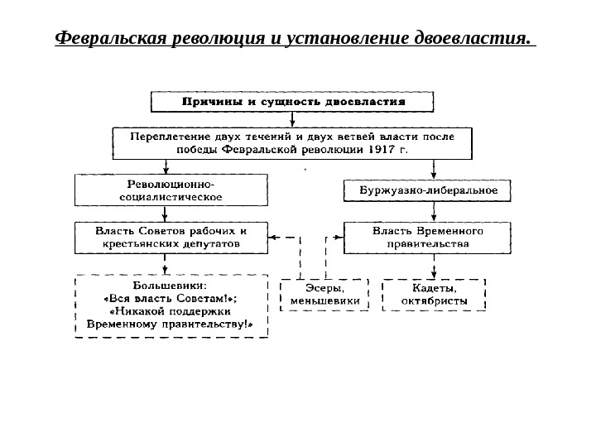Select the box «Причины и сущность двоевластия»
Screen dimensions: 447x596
click(x=293, y=102)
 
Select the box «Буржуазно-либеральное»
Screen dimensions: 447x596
click(x=427, y=190)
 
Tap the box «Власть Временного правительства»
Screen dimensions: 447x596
click(x=427, y=238)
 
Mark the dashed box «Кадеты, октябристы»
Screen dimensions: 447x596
click(x=434, y=295)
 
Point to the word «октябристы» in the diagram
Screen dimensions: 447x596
click(x=434, y=301)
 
